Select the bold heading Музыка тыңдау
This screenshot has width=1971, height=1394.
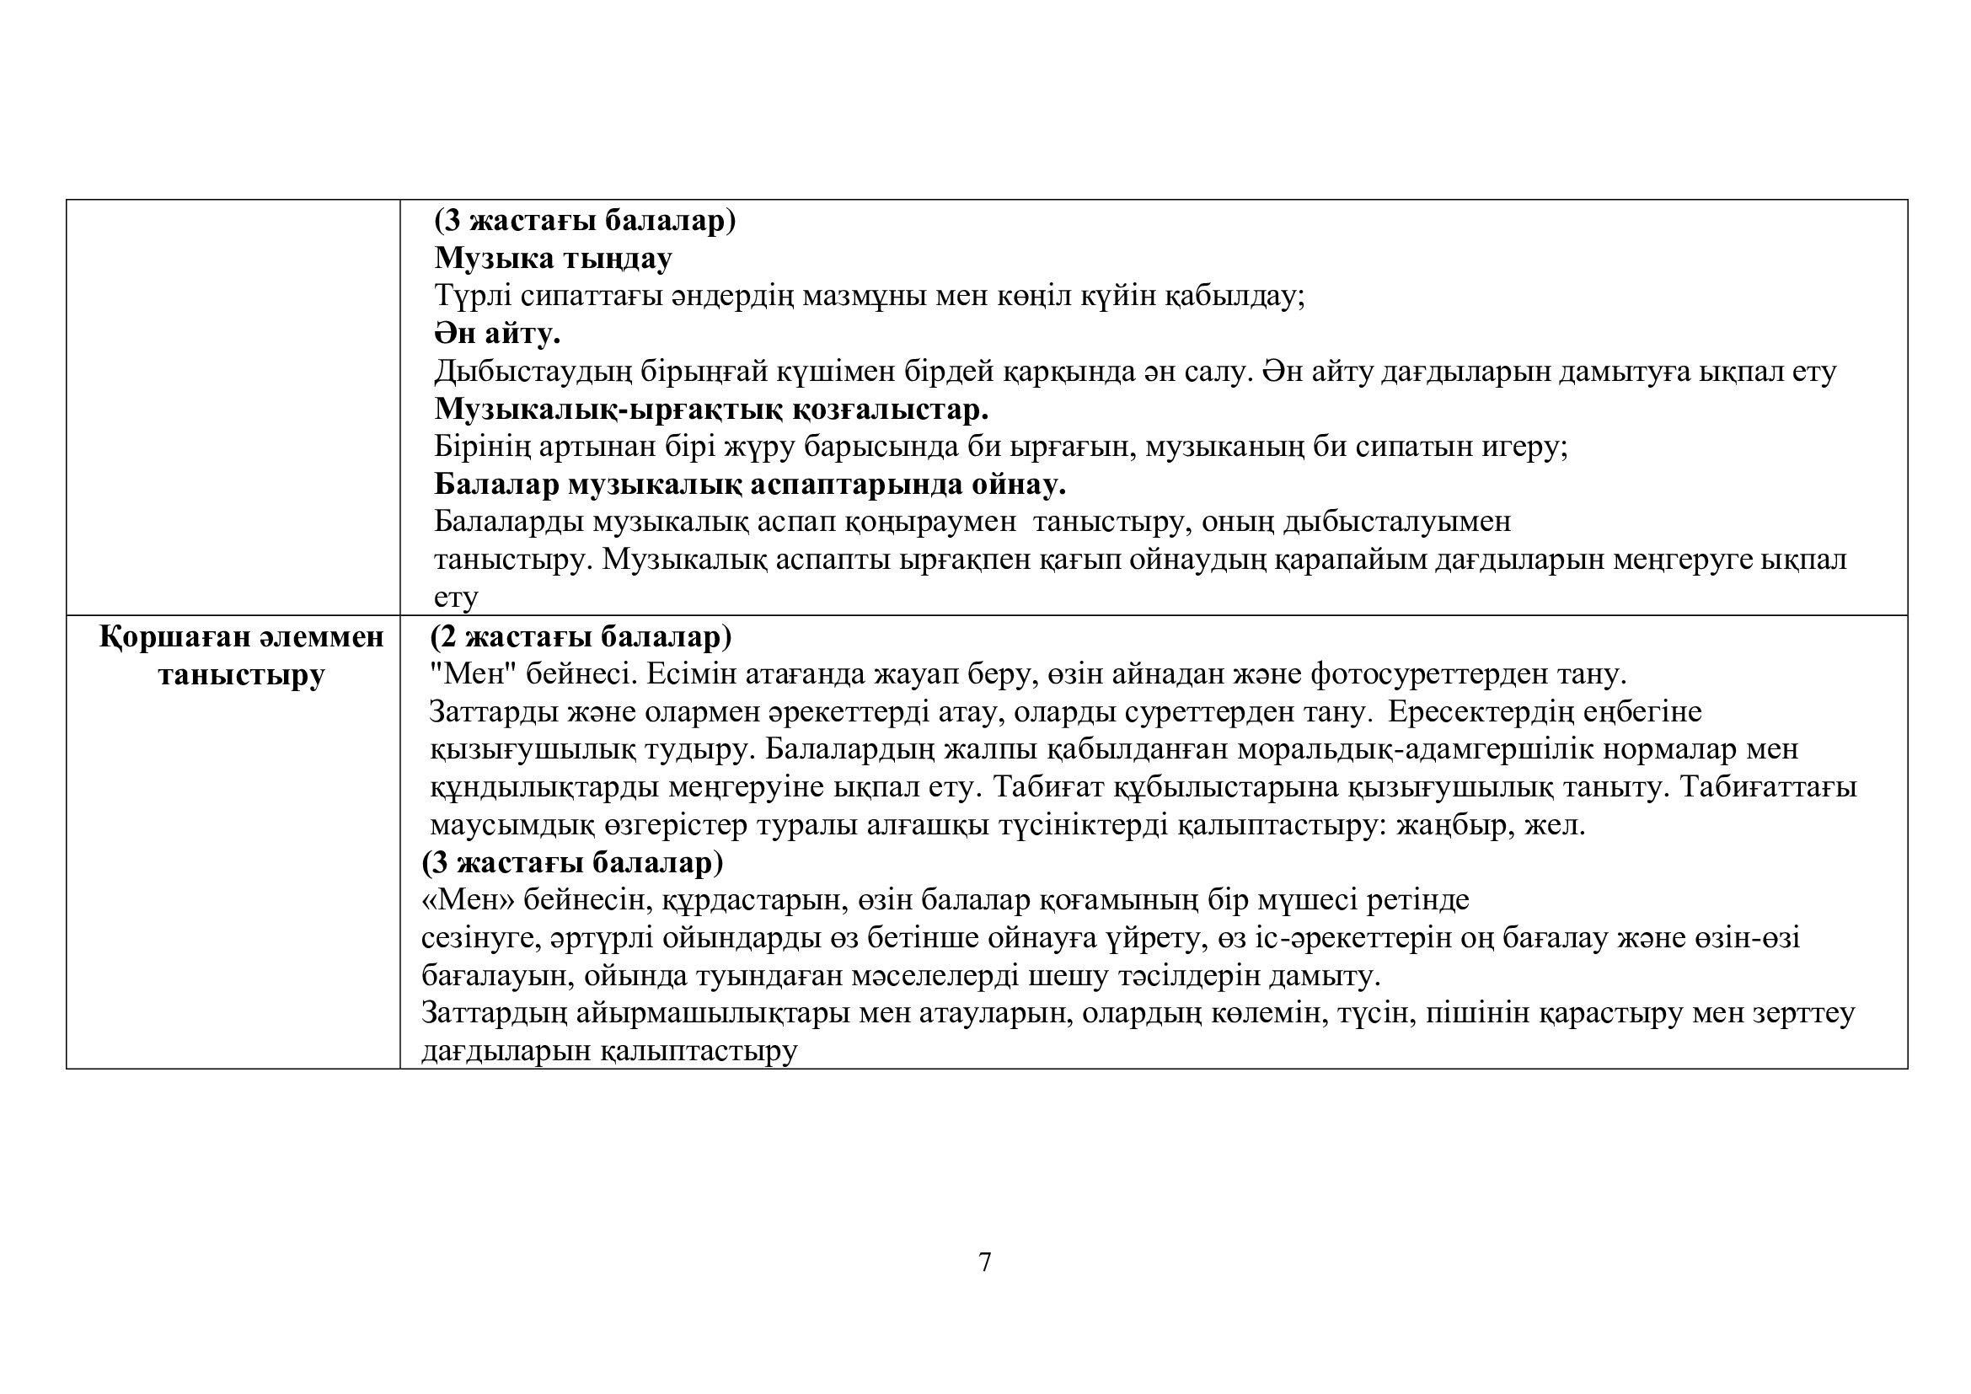553,258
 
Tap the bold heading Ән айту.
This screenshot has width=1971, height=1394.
497,333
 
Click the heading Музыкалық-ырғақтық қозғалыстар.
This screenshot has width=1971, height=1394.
711,409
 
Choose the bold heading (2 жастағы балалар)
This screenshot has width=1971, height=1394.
581,637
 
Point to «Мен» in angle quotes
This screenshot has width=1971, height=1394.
468,899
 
